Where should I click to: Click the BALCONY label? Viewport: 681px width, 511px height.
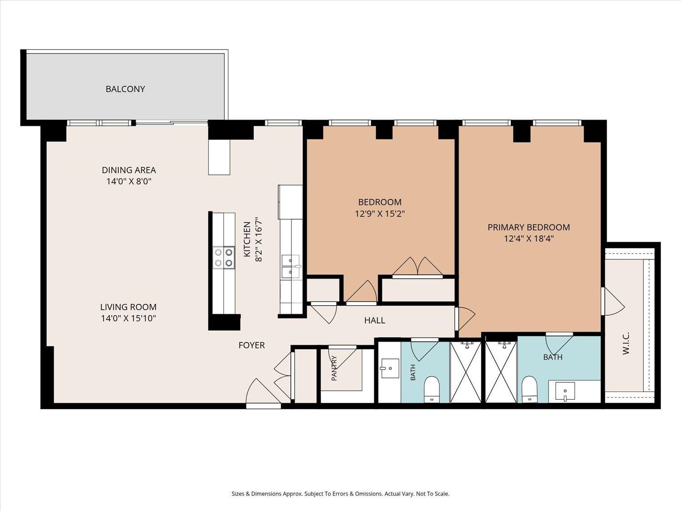coord(125,89)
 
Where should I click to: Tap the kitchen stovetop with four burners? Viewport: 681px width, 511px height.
coord(224,258)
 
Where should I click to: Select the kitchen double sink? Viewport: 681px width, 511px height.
coord(291,267)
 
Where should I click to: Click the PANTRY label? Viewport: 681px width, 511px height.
coord(334,368)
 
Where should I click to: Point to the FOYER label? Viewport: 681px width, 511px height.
coord(252,345)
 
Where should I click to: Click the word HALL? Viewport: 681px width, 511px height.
coord(375,321)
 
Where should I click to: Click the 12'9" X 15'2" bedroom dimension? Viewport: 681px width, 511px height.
coord(380,214)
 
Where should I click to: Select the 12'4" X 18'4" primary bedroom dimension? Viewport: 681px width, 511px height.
coord(529,238)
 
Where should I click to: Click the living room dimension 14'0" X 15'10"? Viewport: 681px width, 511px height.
coord(128,318)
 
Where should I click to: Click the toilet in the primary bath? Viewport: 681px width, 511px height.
coord(529,389)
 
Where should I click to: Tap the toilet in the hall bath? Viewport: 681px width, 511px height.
coord(432,389)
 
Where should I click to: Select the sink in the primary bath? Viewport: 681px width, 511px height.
coord(565,391)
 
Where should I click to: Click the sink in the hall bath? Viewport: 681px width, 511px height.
coord(390,368)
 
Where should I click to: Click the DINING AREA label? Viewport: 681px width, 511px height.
coord(129,170)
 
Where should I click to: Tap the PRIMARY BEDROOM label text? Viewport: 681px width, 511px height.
coord(528,228)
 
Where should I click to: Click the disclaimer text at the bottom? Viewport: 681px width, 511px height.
coord(340,494)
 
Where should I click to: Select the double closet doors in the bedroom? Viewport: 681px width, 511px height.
coord(418,267)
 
